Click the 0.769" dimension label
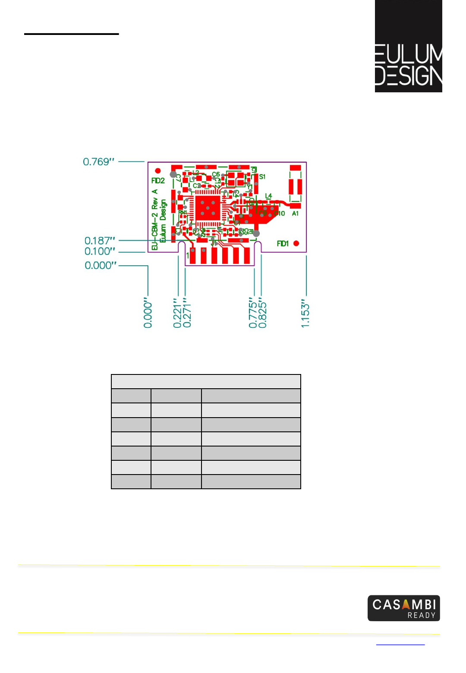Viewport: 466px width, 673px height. [98, 162]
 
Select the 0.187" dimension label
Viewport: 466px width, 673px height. [100, 241]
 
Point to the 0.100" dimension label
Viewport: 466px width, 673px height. [100, 252]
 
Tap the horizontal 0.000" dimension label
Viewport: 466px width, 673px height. [101, 265]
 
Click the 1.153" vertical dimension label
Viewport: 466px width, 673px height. [305, 313]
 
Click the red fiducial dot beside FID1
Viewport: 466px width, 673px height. [296, 243]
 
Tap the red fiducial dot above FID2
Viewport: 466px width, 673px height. [158, 171]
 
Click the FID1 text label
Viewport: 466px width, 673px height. [283, 244]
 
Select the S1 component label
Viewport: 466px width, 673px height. [262, 177]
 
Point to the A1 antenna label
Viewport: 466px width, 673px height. [295, 214]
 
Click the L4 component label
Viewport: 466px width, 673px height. [268, 196]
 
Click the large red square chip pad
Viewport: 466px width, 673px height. [208, 208]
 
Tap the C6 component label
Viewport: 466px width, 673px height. [216, 174]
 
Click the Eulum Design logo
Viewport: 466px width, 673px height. [408, 46]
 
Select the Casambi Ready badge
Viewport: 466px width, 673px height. [403, 608]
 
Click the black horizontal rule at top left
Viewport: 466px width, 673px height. [71, 34]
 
